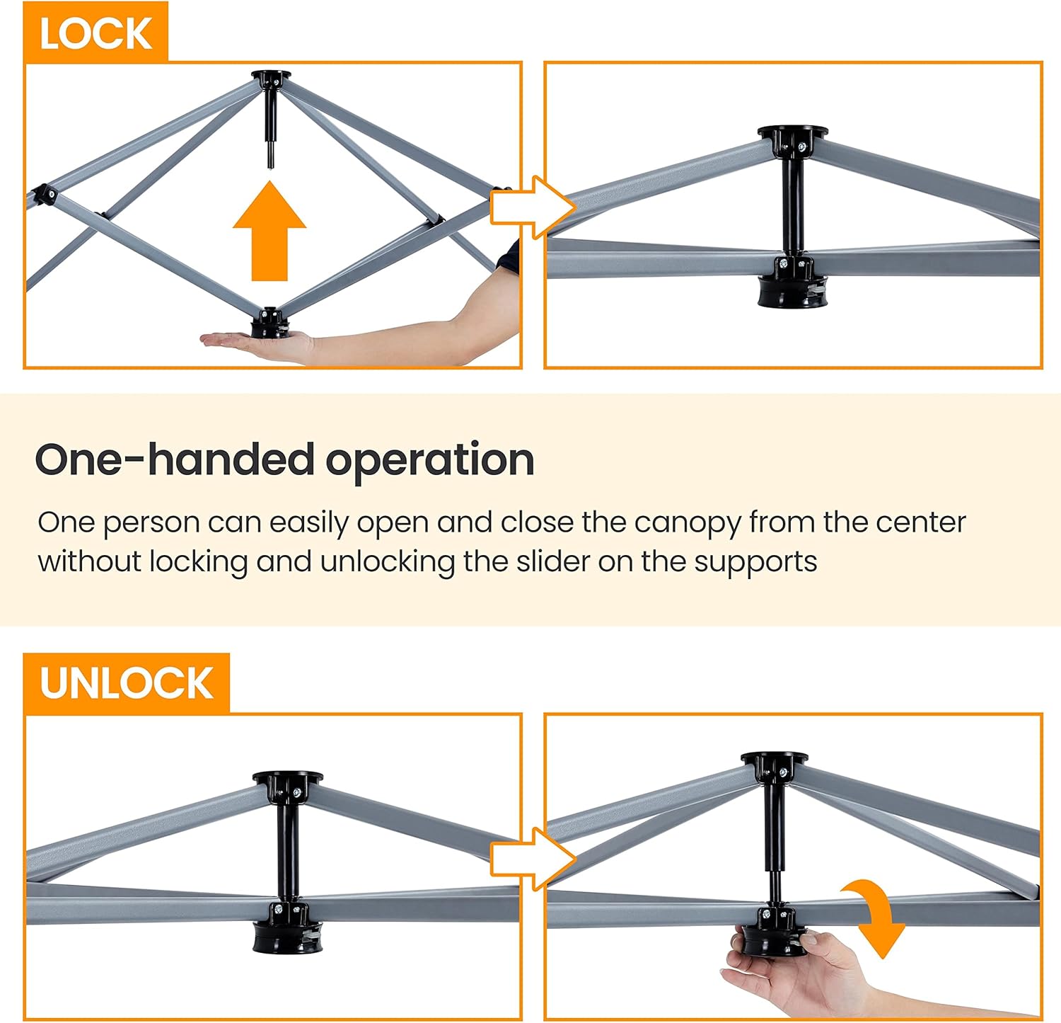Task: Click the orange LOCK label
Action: click(x=95, y=33)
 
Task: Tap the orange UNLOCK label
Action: click(x=127, y=683)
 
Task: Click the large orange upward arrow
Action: click(x=269, y=231)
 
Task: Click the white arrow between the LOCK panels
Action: click(x=533, y=207)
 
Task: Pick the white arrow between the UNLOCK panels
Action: click(x=533, y=859)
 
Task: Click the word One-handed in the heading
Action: click(x=174, y=459)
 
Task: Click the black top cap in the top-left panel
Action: click(x=271, y=77)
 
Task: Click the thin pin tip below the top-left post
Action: click(x=270, y=156)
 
